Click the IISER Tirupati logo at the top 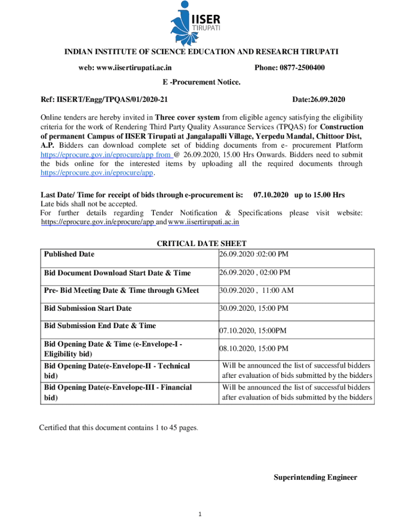(x=197, y=23)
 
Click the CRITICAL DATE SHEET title (x=201, y=244)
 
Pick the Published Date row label (x=69, y=254)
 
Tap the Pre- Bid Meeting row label (x=121, y=290)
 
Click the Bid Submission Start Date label (x=88, y=308)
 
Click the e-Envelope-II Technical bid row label (x=116, y=370)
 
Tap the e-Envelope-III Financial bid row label (x=117, y=392)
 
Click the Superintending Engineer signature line (x=315, y=477)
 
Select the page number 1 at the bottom (x=201, y=514)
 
